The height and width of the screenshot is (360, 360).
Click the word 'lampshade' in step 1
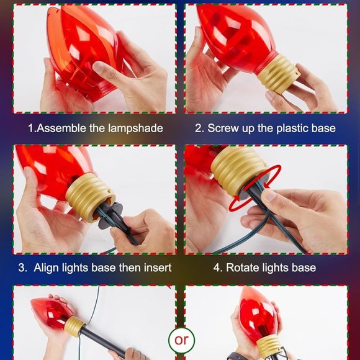tap(135, 128)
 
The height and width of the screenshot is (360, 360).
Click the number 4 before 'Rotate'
tap(217, 268)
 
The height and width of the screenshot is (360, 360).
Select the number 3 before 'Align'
tap(22, 268)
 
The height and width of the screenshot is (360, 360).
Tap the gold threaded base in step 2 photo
tap(276, 73)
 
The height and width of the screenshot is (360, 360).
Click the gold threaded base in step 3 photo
tap(89, 197)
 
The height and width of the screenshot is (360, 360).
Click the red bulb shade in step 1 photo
tap(85, 53)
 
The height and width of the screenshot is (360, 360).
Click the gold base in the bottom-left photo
tap(74, 326)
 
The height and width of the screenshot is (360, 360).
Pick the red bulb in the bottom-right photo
tap(256, 315)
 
